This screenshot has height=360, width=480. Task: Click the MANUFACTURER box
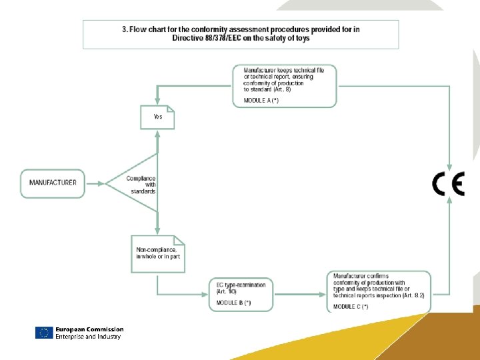(x=53, y=183)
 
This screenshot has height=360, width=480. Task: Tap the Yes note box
(x=157, y=117)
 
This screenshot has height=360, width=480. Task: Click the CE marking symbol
(x=447, y=183)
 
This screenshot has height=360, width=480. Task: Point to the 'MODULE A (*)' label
(x=261, y=100)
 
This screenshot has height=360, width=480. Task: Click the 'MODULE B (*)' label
(x=233, y=303)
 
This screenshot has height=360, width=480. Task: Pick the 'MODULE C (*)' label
(x=351, y=306)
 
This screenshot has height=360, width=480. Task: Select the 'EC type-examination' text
(x=241, y=285)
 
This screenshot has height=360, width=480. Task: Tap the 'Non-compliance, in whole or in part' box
(x=158, y=253)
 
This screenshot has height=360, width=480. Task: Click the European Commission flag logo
(x=44, y=333)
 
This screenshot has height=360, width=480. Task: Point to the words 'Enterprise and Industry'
(x=88, y=337)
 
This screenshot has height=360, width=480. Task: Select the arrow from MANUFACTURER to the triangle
(x=96, y=183)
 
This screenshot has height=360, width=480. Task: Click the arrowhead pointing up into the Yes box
(x=157, y=133)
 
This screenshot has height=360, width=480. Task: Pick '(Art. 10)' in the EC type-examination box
(x=227, y=292)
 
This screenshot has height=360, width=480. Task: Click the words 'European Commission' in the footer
(x=89, y=329)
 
